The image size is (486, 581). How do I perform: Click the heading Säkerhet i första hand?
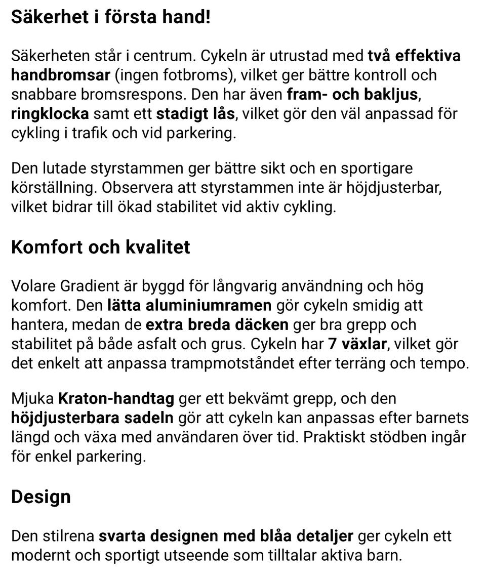(x=110, y=18)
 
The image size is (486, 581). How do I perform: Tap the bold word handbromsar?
(x=60, y=75)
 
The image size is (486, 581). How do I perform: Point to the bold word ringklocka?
(x=50, y=113)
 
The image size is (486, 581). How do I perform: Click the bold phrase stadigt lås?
(x=195, y=113)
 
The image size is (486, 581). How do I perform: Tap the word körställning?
(x=53, y=187)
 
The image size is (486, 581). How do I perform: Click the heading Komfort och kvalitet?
(x=101, y=247)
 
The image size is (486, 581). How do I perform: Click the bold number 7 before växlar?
(x=332, y=344)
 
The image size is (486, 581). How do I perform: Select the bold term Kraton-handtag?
(x=116, y=399)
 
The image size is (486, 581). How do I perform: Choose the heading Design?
(x=40, y=496)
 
